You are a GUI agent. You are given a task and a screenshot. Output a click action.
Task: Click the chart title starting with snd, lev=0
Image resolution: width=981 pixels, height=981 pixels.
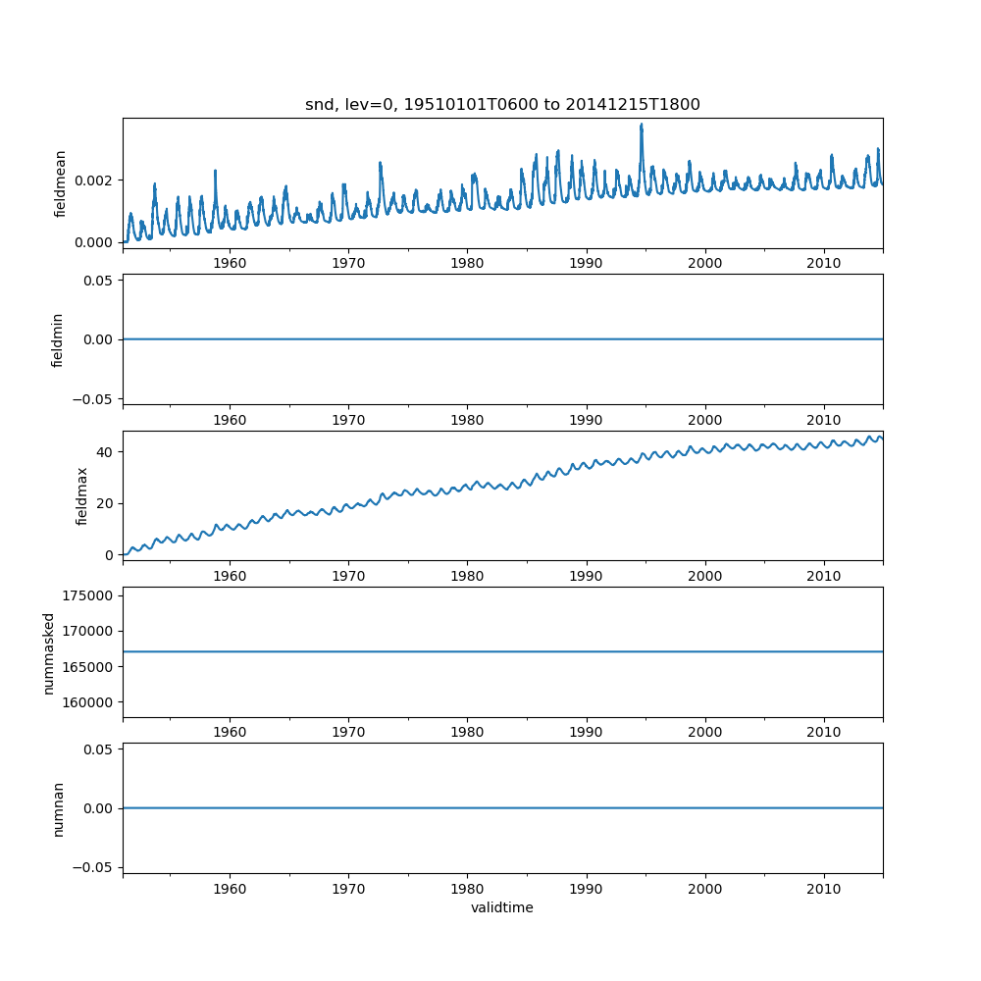coord(502,105)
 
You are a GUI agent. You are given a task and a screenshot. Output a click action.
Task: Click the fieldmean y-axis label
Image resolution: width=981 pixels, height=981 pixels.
coord(61,183)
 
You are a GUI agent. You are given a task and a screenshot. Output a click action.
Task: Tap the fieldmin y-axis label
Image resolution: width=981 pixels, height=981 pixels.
coord(58,339)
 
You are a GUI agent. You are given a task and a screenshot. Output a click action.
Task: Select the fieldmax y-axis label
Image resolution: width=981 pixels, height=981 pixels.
coord(82,495)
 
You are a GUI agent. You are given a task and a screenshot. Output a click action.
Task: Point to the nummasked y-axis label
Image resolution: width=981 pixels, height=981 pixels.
coord(48,652)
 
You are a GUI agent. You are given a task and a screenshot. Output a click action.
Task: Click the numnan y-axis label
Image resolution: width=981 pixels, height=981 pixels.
coord(58,808)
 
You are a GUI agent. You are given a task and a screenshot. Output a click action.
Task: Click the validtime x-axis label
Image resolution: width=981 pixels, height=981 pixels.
coord(502,908)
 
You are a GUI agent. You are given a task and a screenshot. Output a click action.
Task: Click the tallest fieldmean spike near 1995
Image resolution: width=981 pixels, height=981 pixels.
coord(642,125)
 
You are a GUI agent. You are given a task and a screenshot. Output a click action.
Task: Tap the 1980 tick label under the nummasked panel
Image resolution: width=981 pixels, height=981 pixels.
coord(467,732)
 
